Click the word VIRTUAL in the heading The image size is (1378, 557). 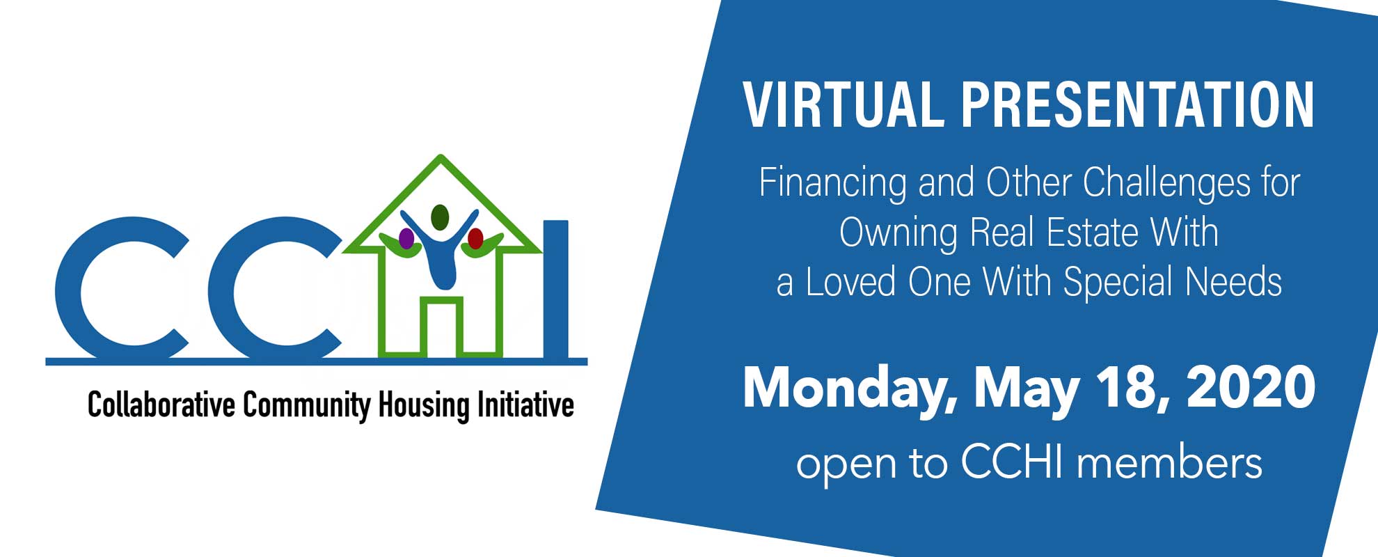coord(844,105)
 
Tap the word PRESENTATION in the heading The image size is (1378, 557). coord(1138,105)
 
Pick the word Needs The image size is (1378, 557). coord(1233,282)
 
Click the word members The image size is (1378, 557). coord(1169,463)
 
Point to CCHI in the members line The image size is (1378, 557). coord(1013,462)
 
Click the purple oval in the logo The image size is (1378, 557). coord(406,239)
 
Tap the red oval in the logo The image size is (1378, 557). coord(475,239)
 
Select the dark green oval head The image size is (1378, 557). coord(440,217)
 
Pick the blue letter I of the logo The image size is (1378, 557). coord(555,290)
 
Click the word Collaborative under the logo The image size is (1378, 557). coord(161,405)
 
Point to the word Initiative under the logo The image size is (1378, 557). coord(525,405)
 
